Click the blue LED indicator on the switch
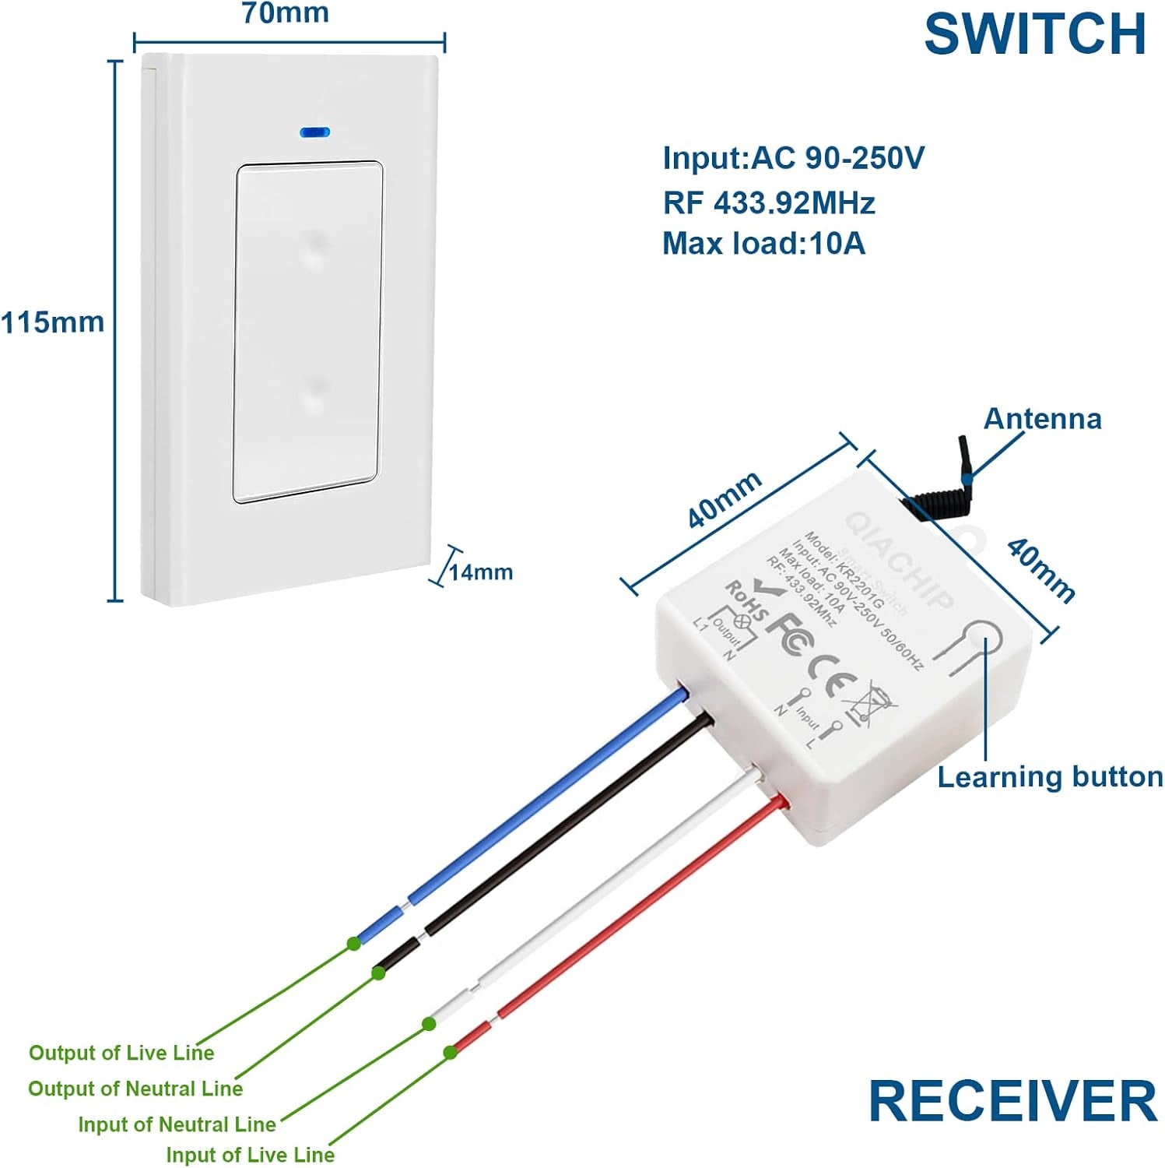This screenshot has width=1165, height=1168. coord(314,132)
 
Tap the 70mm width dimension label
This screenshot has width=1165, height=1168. coord(285,13)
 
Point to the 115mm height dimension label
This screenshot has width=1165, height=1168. coord(52,322)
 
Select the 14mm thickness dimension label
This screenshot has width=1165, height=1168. coord(481,572)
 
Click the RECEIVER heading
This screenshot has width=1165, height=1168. coord(1012,1101)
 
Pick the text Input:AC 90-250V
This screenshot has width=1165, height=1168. coord(793,158)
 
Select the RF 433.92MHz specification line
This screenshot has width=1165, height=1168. coord(769,203)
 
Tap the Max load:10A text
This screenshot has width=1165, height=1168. coord(763,244)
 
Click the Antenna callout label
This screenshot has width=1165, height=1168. coord(1042,419)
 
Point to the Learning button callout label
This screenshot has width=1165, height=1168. coord(1050,777)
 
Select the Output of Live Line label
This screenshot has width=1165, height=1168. coord(121,1053)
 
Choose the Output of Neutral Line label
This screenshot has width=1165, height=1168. coord(135,1089)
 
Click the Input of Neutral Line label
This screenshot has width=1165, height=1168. coord(177,1124)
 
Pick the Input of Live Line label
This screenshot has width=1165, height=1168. coord(250,1155)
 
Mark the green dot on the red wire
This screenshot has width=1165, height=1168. coord(450,1053)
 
